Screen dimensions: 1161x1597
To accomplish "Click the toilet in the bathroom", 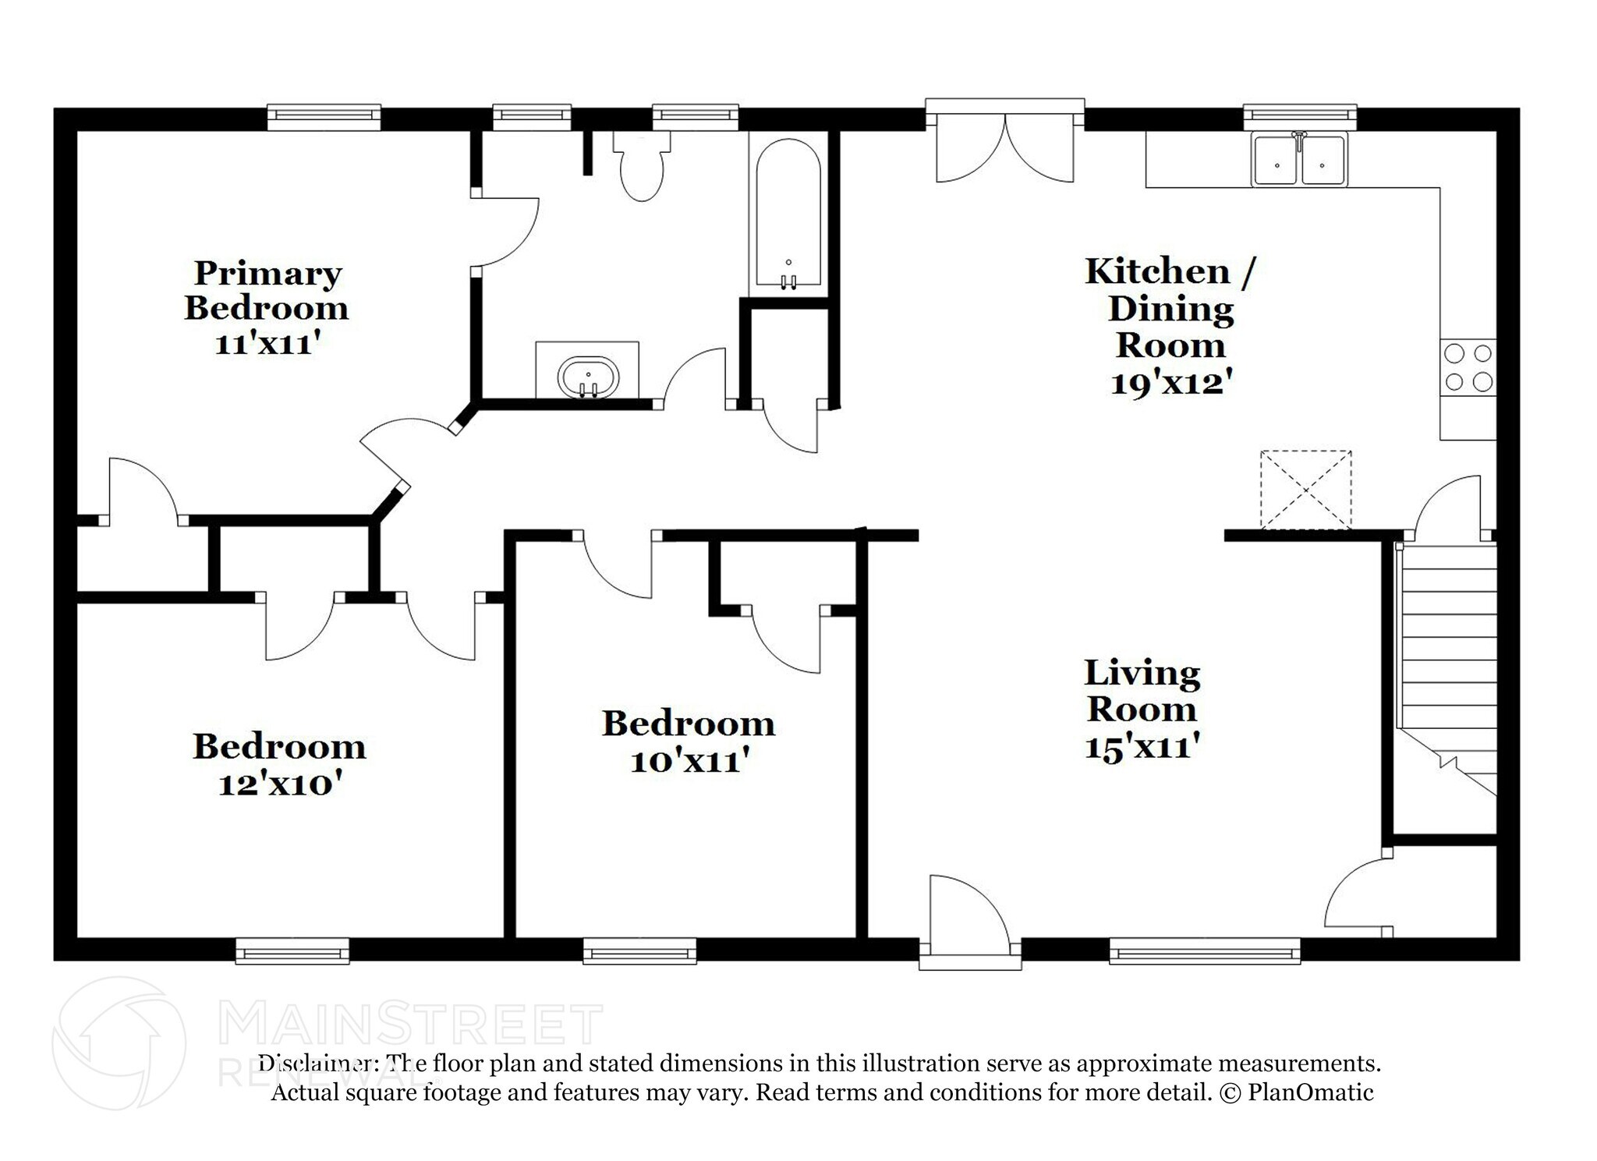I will pyautogui.click(x=641, y=168).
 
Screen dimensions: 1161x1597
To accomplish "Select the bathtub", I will pyautogui.click(x=788, y=214).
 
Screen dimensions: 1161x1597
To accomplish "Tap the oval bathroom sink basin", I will pyautogui.click(x=588, y=377).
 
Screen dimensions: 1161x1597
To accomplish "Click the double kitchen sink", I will pyautogui.click(x=1299, y=161).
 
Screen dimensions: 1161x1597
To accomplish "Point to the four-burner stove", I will pyautogui.click(x=1468, y=367).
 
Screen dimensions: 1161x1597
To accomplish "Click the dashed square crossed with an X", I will pyautogui.click(x=1305, y=489).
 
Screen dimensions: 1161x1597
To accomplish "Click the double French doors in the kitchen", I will pyautogui.click(x=1004, y=148).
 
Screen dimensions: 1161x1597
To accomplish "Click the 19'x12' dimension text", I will pyautogui.click(x=1171, y=383).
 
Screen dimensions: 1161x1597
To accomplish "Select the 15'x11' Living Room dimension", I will pyautogui.click(x=1142, y=747).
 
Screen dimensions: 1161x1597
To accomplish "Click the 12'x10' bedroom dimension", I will pyautogui.click(x=280, y=784).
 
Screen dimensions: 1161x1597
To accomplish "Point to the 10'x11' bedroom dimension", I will pyautogui.click(x=689, y=760).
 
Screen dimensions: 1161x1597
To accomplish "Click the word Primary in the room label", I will pyautogui.click(x=267, y=274).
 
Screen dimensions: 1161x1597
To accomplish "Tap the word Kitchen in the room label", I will pyautogui.click(x=1157, y=271).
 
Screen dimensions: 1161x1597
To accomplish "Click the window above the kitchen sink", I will pyautogui.click(x=1299, y=116).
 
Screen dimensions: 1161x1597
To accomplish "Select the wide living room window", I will pyautogui.click(x=1205, y=950).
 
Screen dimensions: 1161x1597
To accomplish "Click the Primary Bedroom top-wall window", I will pyautogui.click(x=324, y=116).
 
